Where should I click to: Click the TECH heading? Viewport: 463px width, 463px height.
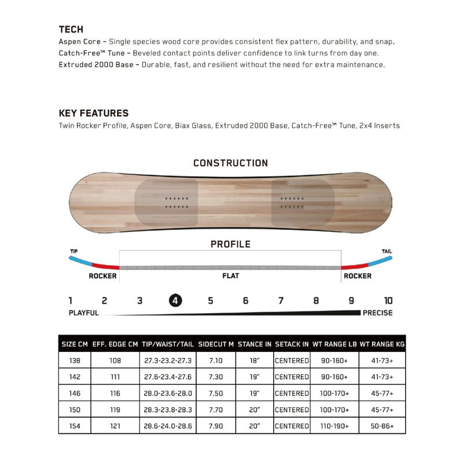pos(71,29)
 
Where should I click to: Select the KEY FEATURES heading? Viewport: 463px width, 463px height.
pos(94,113)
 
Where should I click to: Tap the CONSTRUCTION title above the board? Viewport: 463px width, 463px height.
pos(230,163)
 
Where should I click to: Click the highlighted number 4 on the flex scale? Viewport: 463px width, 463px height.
pos(175,300)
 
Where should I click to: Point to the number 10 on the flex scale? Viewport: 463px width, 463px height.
pos(388,300)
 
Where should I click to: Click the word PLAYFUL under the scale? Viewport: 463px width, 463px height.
pos(84,313)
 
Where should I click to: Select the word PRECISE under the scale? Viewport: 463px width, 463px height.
pos(377,313)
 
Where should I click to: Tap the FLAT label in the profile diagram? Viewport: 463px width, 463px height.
pos(230,276)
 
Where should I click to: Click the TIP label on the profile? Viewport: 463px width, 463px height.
pos(74,252)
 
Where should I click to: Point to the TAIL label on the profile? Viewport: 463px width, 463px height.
pos(387,252)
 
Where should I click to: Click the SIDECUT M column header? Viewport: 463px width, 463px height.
pos(216,344)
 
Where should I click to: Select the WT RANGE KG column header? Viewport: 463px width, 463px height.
pos(382,344)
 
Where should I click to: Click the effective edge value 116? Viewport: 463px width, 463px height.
pos(115,393)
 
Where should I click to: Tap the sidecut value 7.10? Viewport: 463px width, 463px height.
pos(216,360)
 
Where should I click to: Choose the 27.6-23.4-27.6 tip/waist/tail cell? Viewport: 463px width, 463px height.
pos(167,377)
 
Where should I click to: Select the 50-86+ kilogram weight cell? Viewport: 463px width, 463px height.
pos(382,426)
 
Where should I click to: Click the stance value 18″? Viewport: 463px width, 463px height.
pos(255,360)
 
